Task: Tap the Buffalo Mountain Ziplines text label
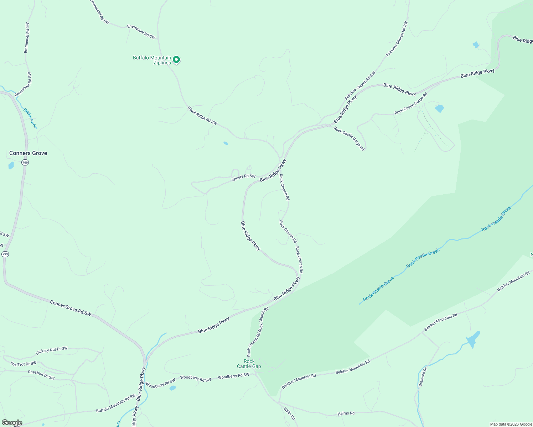point(152,60)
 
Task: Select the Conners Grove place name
point(28,153)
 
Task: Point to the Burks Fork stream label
point(30,118)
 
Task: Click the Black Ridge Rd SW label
point(202,116)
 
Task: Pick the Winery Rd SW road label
point(243,177)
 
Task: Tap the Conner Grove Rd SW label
point(71,308)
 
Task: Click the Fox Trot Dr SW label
point(23,364)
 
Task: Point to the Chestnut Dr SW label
point(41,375)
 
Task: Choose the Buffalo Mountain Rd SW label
point(116,403)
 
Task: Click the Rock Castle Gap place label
point(249,364)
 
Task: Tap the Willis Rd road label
point(289,414)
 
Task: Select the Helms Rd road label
point(346,413)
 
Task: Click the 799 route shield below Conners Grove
point(25,163)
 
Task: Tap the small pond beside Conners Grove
point(11,165)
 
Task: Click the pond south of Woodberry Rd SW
point(172,388)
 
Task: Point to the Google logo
point(12,423)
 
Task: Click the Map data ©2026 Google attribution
point(511,424)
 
